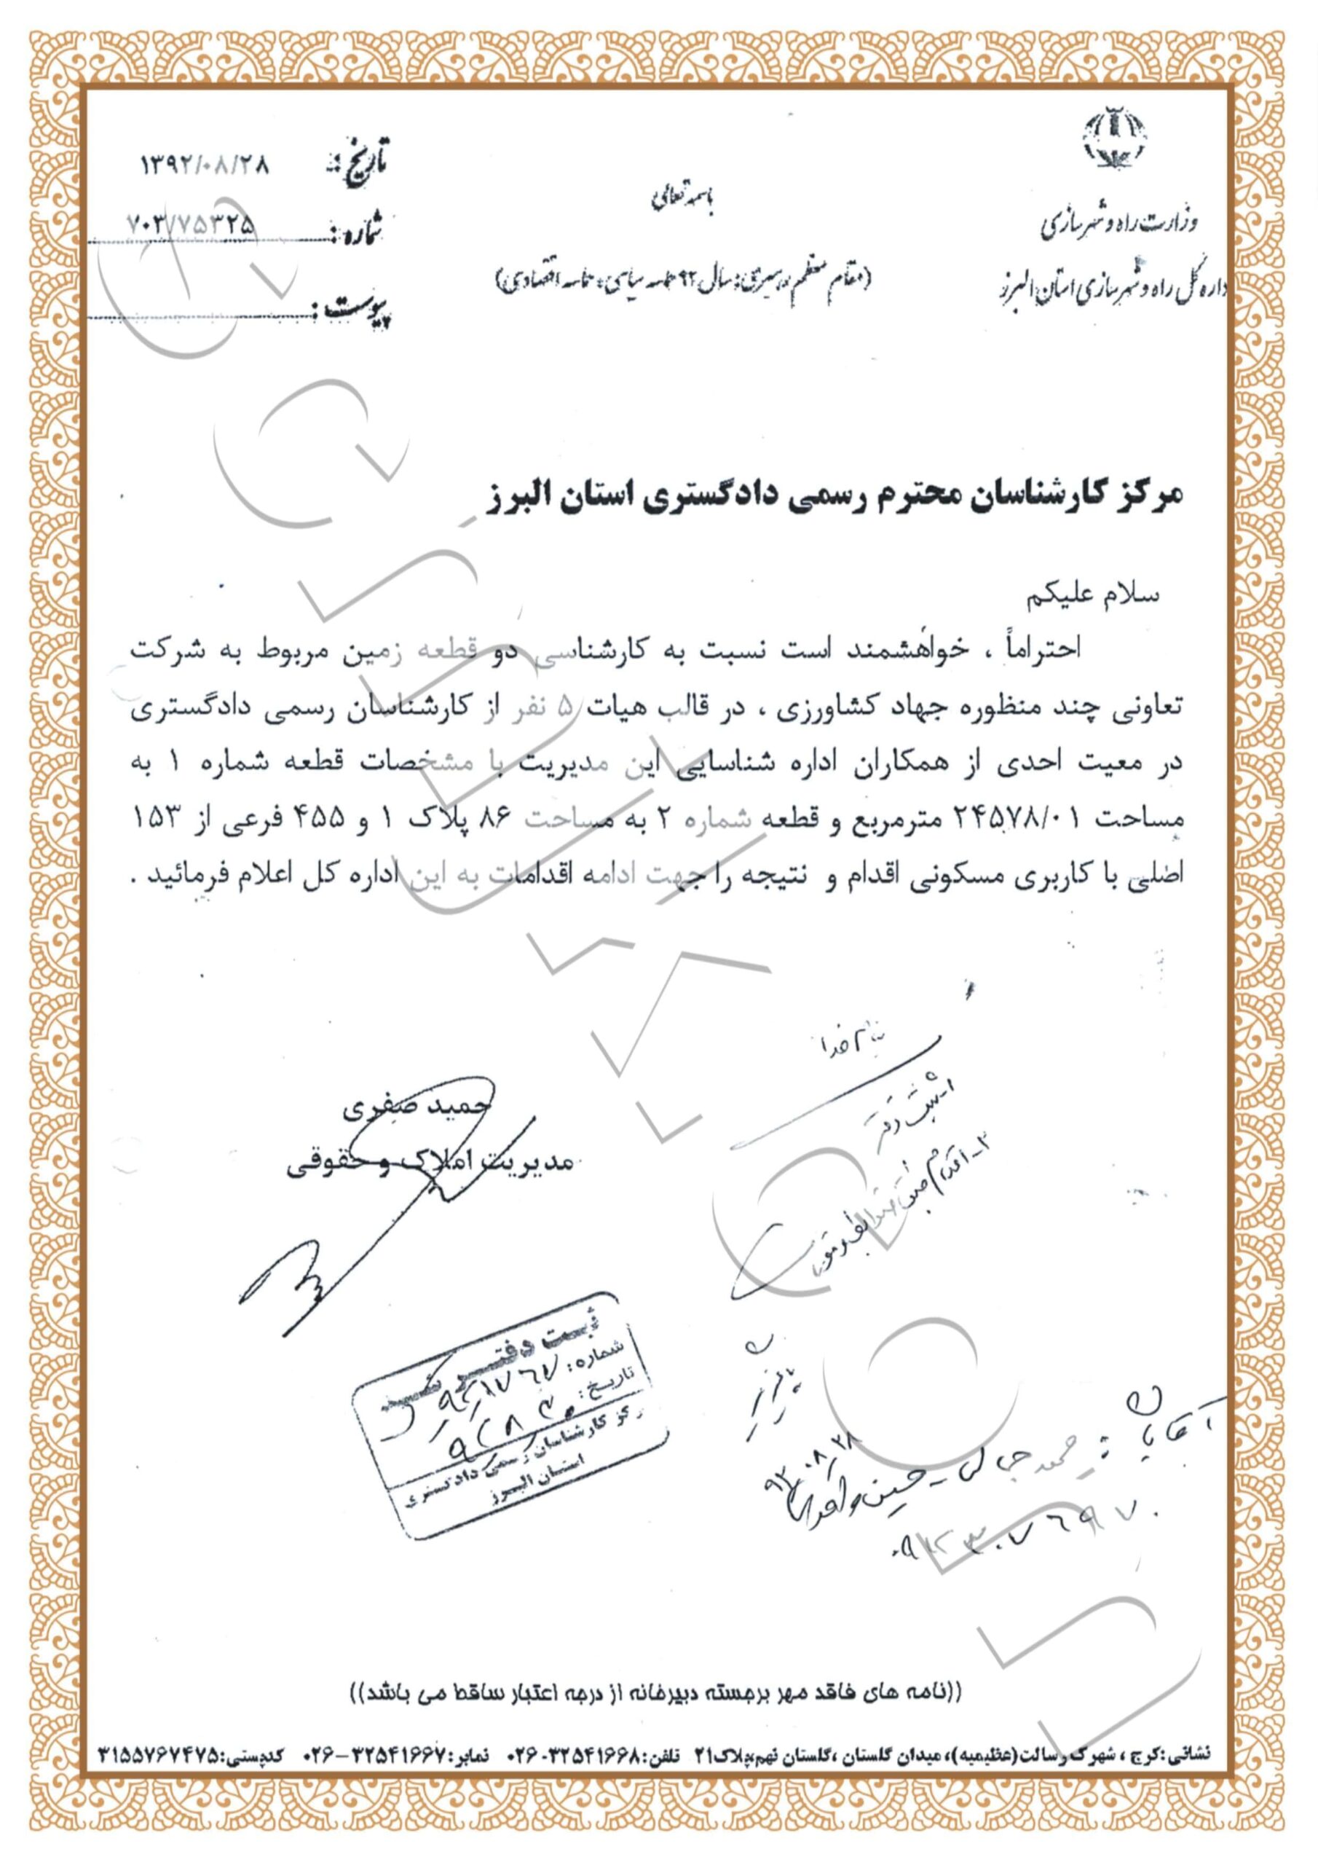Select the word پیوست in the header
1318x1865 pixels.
[x=357, y=309]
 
